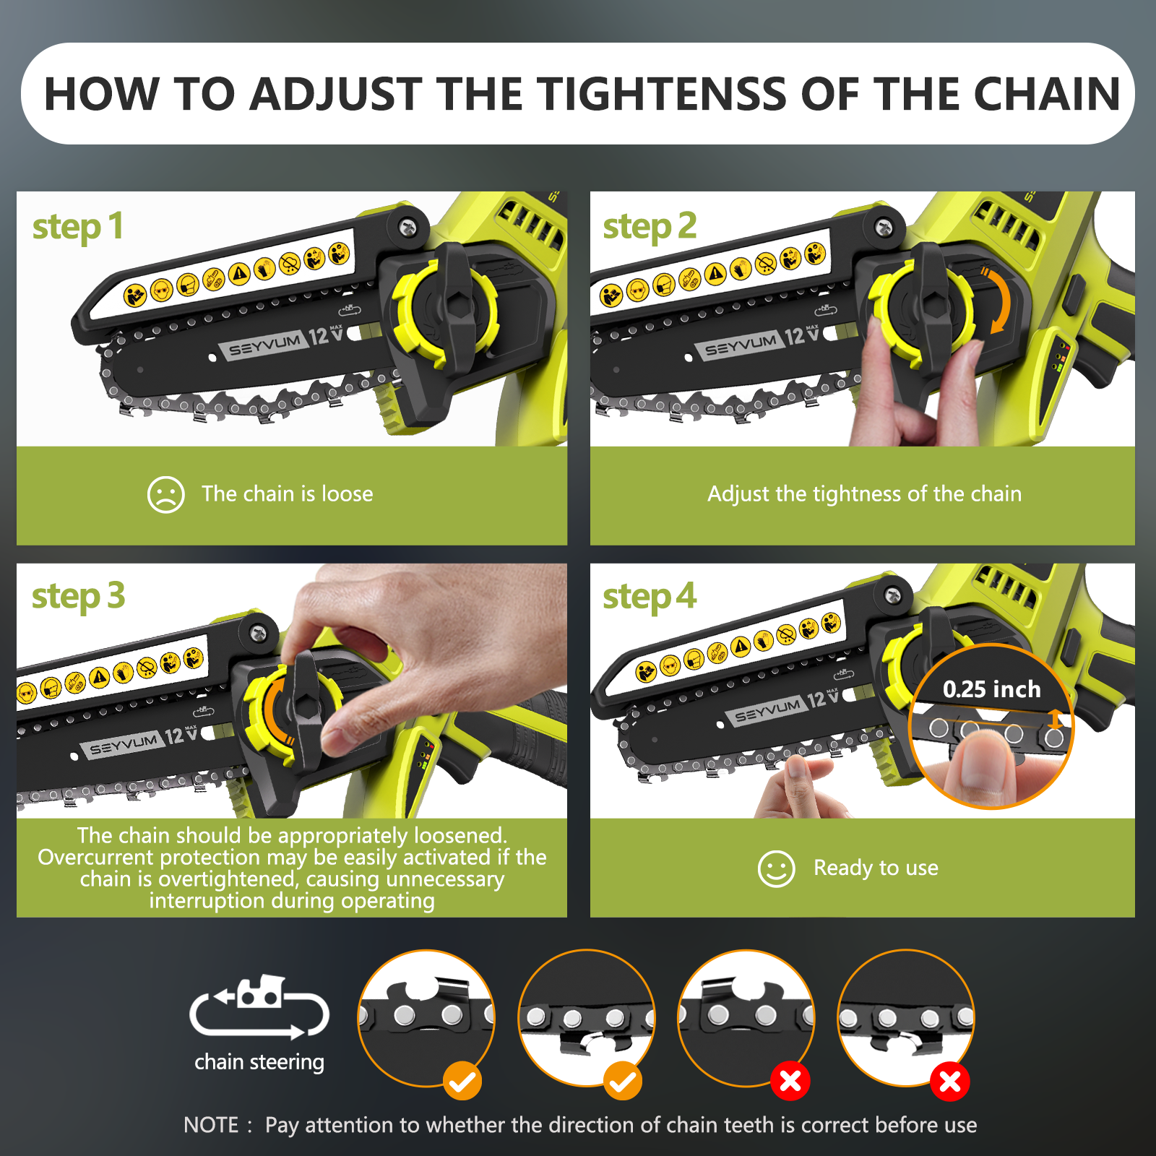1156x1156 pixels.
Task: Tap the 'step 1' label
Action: click(78, 228)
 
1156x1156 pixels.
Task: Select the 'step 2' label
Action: click(650, 227)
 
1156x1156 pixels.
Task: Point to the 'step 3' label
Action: click(78, 598)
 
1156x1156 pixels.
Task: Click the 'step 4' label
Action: click(650, 598)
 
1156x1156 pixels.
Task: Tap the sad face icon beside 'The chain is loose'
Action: click(166, 494)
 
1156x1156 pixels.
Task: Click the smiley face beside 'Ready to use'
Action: click(777, 868)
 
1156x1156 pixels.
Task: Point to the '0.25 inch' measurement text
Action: click(991, 689)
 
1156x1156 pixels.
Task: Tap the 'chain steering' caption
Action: click(259, 1062)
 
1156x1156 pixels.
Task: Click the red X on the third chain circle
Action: click(790, 1082)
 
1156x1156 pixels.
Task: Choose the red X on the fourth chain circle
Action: click(950, 1082)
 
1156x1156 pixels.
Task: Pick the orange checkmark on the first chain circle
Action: click(462, 1082)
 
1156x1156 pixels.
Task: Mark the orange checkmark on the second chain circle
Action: click(623, 1082)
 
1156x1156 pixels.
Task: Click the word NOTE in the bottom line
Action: click(211, 1125)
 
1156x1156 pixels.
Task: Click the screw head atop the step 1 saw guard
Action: click(408, 226)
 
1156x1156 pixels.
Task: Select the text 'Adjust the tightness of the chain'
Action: click(864, 494)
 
